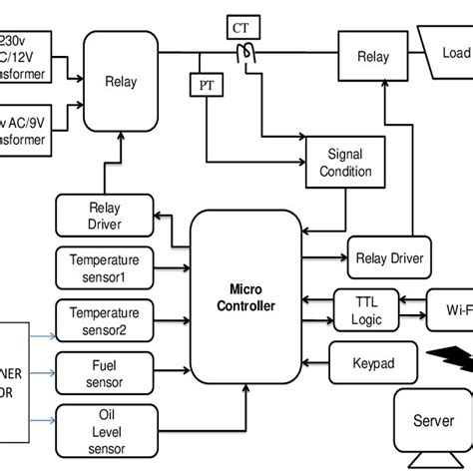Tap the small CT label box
[241, 28]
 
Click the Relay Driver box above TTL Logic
[390, 257]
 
